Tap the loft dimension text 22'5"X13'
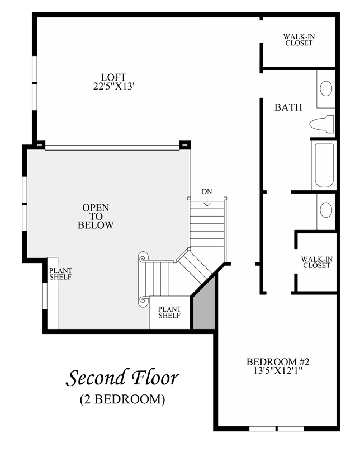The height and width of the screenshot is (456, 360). [x=113, y=86]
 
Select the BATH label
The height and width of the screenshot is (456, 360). [x=288, y=107]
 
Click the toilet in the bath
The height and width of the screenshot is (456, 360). [x=321, y=124]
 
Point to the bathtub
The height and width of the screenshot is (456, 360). [x=324, y=166]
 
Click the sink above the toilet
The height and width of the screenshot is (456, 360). [x=326, y=88]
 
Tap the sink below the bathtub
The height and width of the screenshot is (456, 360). [x=326, y=210]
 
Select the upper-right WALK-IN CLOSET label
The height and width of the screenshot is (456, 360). [x=299, y=40]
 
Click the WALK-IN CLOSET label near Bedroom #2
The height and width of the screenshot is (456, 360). [x=317, y=262]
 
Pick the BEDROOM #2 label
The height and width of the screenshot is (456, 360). [x=278, y=362]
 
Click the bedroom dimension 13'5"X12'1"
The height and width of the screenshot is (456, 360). [x=278, y=371]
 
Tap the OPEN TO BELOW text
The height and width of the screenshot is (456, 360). [x=96, y=217]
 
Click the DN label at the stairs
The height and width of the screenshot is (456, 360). [x=207, y=192]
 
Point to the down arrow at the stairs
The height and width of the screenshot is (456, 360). [x=207, y=201]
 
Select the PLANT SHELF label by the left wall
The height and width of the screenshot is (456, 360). [x=60, y=274]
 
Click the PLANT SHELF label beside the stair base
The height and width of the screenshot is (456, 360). [x=169, y=312]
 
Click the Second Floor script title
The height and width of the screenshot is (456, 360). [x=122, y=378]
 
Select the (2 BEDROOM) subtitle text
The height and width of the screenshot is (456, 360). [x=122, y=399]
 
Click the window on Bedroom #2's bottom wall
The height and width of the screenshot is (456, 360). [x=277, y=429]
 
